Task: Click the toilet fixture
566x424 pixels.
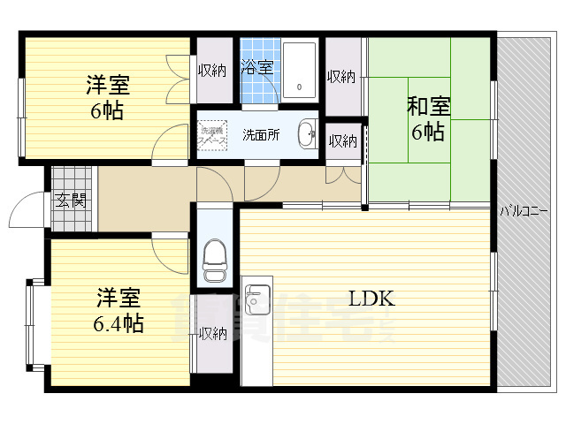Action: point(215,254)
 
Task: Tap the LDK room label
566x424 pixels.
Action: point(371,298)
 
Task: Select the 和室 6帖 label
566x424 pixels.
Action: point(428,119)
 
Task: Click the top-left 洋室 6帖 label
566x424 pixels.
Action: point(107,98)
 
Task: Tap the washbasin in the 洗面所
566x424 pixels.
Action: point(306,134)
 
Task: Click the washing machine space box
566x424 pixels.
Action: point(212,134)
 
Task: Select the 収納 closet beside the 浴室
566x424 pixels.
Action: point(212,71)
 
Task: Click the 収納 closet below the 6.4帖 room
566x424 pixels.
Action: point(212,334)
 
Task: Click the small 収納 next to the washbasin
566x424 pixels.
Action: point(343,140)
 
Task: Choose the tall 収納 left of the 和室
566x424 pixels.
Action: point(341,77)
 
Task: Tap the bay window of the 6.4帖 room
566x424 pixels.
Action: point(33,324)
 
